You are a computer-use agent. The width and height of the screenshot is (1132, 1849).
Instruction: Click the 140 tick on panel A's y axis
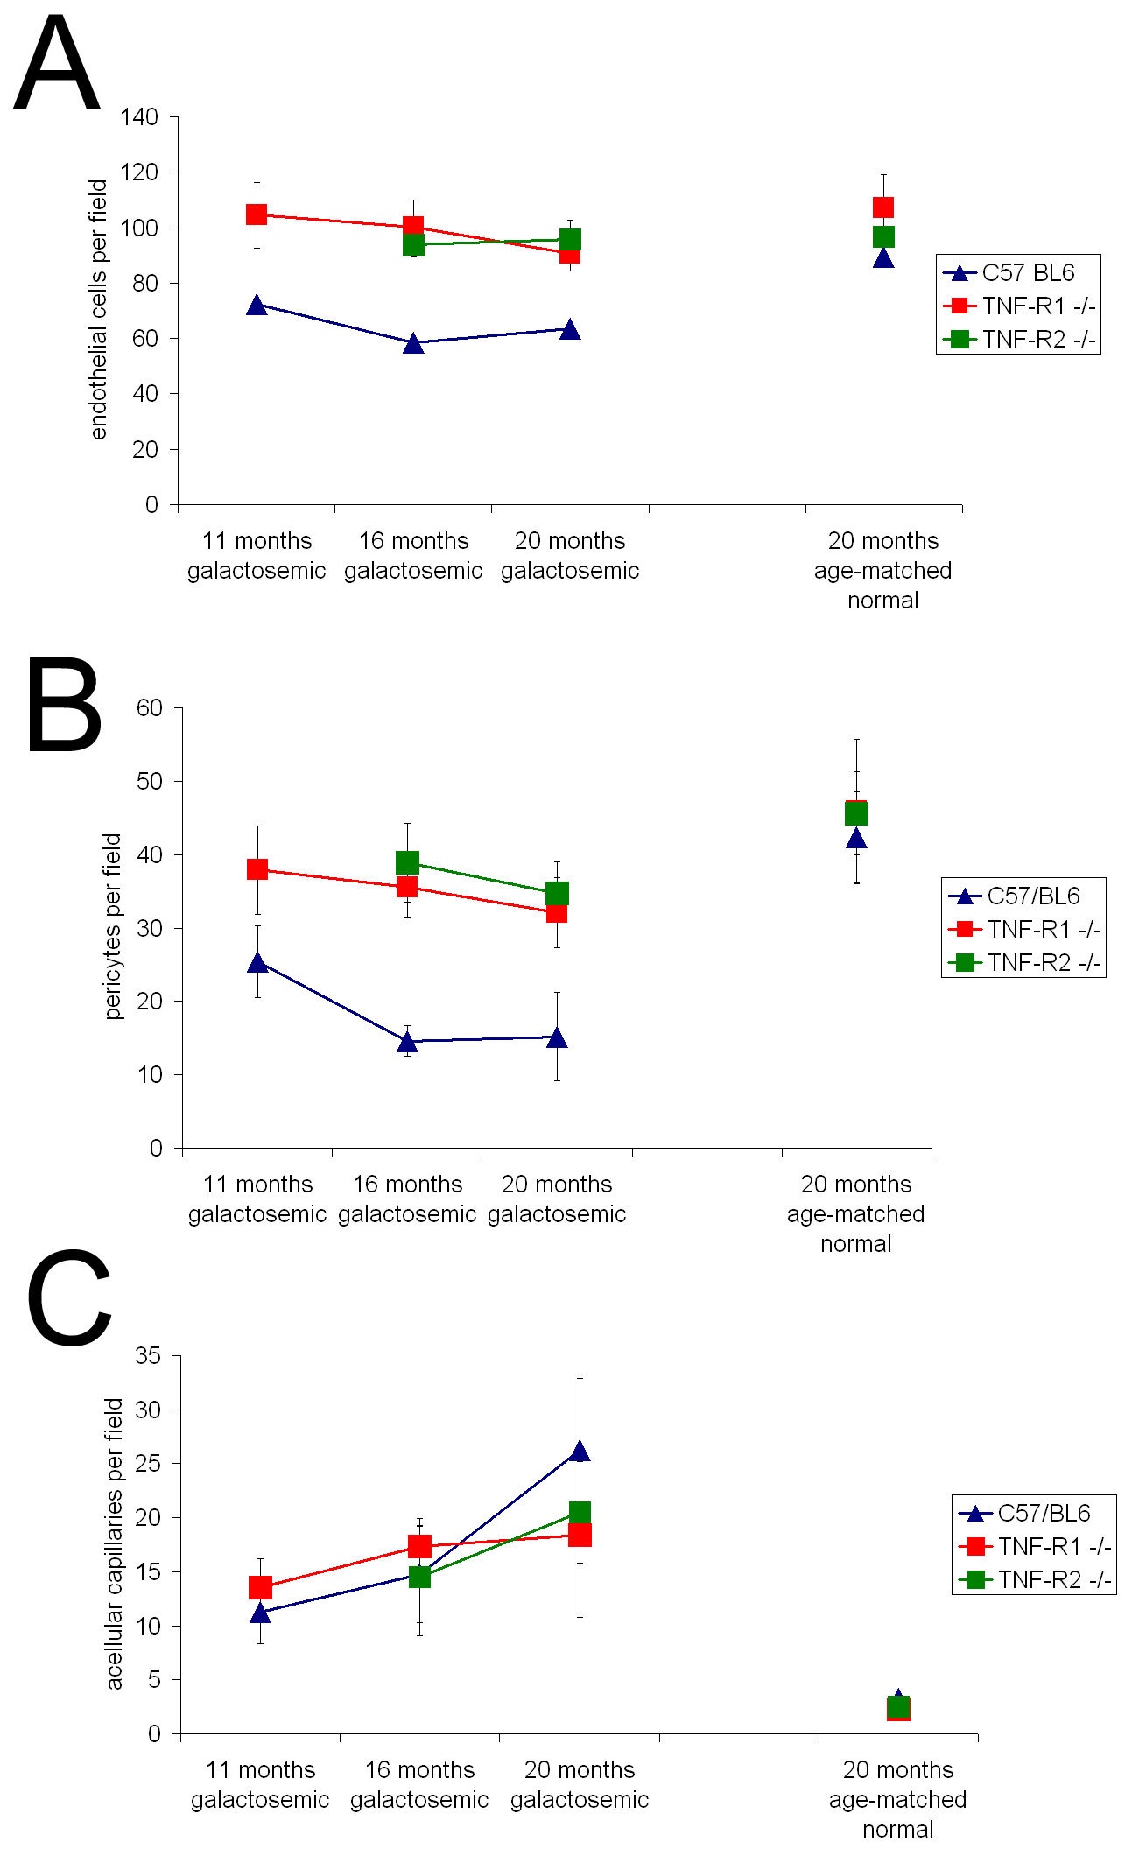pyautogui.click(x=139, y=117)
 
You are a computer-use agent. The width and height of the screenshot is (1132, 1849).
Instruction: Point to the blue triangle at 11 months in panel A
pyautogui.click(x=257, y=305)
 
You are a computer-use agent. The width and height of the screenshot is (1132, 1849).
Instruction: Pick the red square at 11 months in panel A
pyautogui.click(x=257, y=214)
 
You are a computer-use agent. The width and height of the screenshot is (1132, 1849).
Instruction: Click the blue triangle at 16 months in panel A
pyautogui.click(x=414, y=343)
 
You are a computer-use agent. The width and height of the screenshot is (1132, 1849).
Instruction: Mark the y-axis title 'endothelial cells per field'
pyautogui.click(x=99, y=310)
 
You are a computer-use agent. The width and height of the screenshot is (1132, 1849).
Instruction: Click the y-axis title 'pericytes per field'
pyautogui.click(x=113, y=926)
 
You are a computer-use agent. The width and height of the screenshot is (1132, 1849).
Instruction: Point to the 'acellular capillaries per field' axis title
pyautogui.click(x=115, y=1543)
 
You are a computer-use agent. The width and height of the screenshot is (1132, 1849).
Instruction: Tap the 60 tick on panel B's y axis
pyautogui.click(x=150, y=707)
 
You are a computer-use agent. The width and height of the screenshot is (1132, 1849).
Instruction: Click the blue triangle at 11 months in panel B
pyautogui.click(x=257, y=963)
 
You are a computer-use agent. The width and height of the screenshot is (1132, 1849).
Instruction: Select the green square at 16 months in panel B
pyautogui.click(x=407, y=863)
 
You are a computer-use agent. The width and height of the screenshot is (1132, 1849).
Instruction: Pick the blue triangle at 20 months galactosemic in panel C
pyautogui.click(x=580, y=1452)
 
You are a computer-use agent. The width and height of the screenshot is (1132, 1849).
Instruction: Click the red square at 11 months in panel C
pyautogui.click(x=260, y=1587)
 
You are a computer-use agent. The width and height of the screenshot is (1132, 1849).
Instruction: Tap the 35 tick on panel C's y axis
pyautogui.click(x=148, y=1356)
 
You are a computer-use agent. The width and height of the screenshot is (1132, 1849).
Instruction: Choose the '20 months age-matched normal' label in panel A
pyautogui.click(x=882, y=571)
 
